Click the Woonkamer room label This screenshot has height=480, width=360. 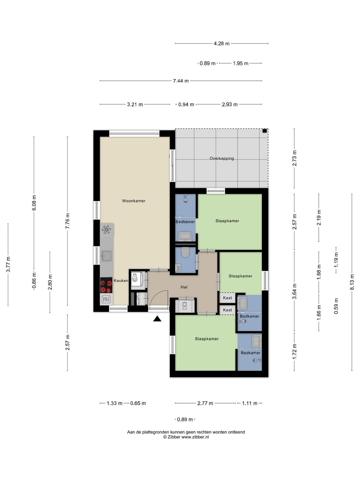133,201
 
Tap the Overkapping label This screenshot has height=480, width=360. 222,158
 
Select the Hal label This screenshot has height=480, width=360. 184,287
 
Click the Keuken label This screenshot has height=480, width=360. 121,280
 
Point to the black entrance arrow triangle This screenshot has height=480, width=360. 157,319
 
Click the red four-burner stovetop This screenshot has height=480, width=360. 106,285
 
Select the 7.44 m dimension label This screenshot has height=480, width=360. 181,81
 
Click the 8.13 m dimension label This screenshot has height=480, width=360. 352,282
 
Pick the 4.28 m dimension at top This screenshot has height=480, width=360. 222,43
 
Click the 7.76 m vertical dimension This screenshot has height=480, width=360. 67,221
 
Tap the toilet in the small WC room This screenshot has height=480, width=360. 185,252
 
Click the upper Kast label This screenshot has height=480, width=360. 227,298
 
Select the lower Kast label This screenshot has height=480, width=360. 227,310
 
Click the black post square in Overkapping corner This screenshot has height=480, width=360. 265,131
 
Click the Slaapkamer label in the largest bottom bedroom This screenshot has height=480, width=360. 207,339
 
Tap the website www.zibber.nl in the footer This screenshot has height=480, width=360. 195,437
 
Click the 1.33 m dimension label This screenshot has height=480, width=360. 114,403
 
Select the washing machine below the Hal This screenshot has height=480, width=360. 185,305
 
